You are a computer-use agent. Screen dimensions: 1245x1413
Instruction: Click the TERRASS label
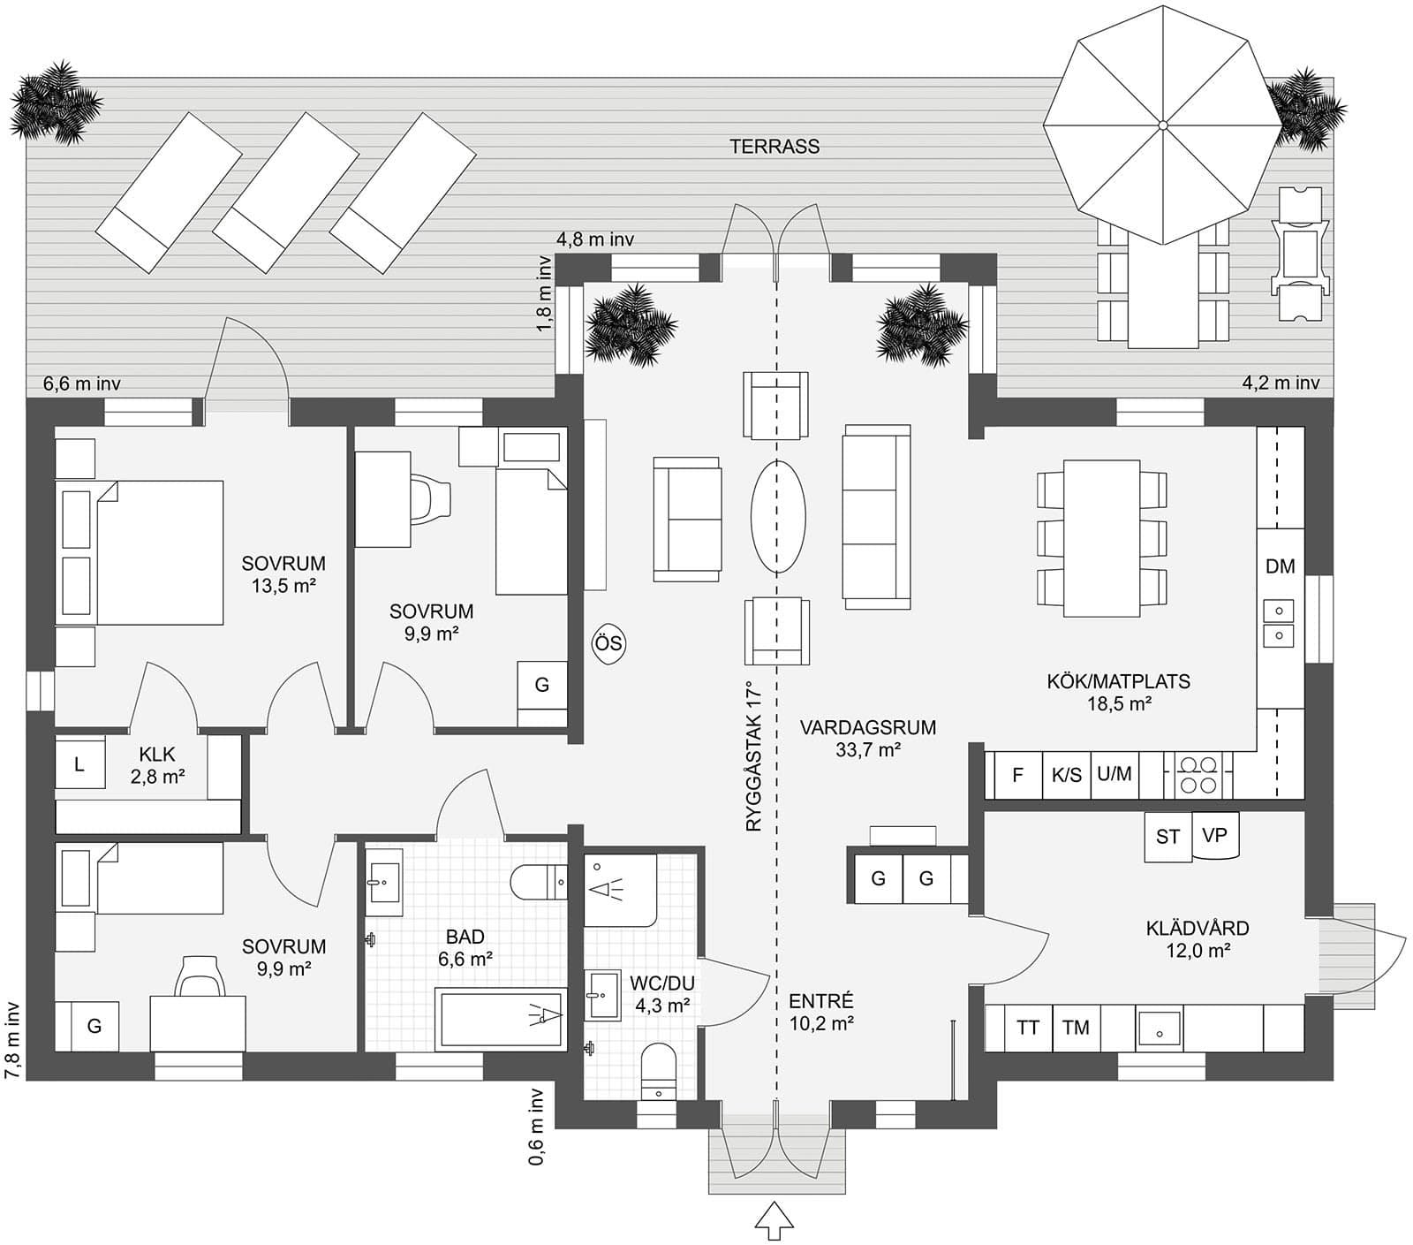775,147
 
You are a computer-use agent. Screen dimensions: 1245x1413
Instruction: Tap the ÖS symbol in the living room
608,644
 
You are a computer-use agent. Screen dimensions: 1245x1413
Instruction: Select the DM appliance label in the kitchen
1280,566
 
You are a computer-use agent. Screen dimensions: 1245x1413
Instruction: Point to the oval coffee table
778,517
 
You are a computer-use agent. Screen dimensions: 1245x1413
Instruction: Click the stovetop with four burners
1197,775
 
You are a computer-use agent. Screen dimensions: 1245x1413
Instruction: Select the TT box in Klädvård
1027,1028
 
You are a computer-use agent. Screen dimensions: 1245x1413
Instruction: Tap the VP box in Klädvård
1215,835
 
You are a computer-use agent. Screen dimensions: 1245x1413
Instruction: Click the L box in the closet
79,764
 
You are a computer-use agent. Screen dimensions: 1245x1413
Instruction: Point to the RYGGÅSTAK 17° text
752,755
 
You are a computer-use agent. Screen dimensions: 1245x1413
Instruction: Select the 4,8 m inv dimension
595,239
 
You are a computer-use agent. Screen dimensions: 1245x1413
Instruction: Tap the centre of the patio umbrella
1163,125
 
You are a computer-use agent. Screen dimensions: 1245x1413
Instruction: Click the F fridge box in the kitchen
1017,775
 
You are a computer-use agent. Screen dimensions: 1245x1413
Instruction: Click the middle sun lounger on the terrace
285,193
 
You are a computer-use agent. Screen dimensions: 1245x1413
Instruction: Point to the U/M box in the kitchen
1114,774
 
